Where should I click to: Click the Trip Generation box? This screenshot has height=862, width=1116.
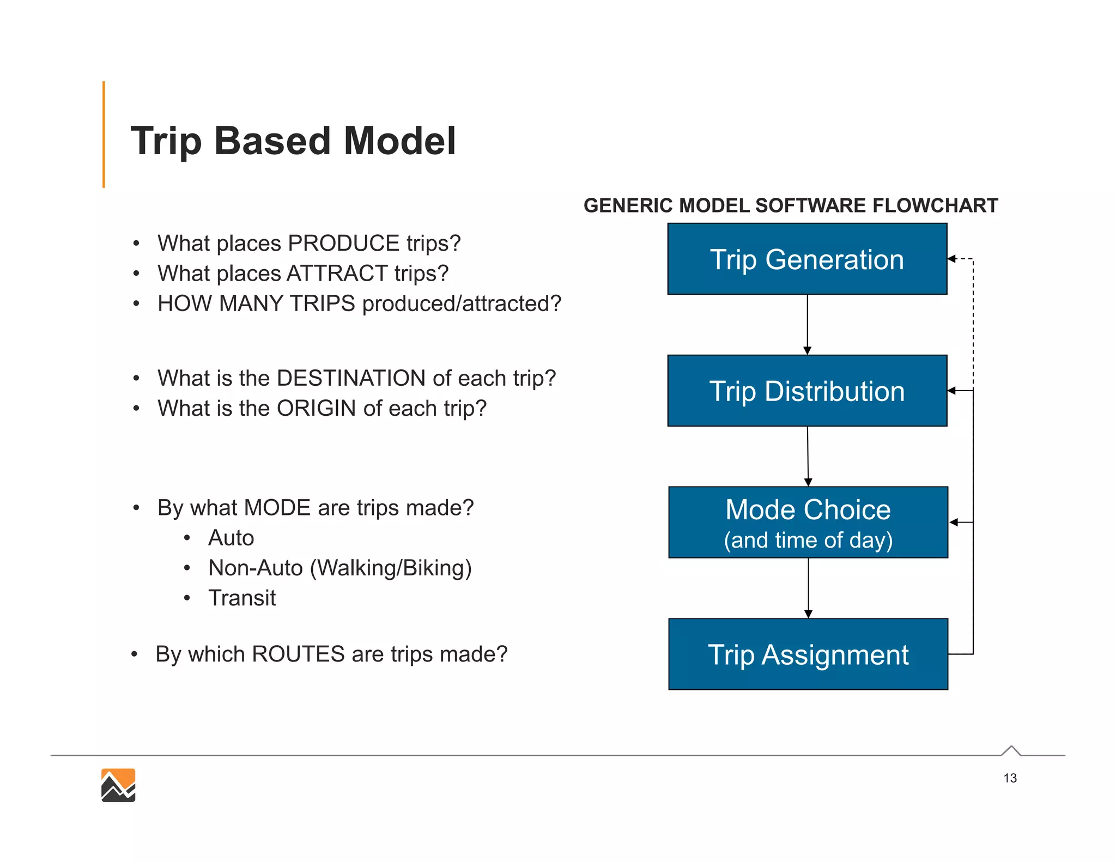pyautogui.click(x=807, y=259)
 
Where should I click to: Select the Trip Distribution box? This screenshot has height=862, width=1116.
pyautogui.click(x=807, y=391)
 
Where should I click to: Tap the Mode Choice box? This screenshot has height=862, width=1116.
pyautogui.click(x=808, y=522)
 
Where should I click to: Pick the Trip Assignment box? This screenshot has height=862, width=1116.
pyautogui.click(x=808, y=654)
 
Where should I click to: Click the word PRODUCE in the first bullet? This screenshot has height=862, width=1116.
pyautogui.click(x=343, y=243)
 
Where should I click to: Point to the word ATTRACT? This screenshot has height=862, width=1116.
pyautogui.click(x=337, y=273)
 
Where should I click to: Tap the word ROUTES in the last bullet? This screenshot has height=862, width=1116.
pyautogui.click(x=298, y=654)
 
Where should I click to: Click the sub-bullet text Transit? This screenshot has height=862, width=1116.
pyautogui.click(x=242, y=598)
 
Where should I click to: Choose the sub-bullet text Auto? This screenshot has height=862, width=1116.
pyautogui.click(x=231, y=538)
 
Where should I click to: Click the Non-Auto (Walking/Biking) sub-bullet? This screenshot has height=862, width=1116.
pyautogui.click(x=339, y=568)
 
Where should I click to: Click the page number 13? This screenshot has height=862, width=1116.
pyautogui.click(x=1010, y=778)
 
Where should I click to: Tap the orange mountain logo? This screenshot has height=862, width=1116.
pyautogui.click(x=118, y=785)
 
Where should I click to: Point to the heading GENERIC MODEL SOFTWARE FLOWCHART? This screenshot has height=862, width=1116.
pyautogui.click(x=790, y=205)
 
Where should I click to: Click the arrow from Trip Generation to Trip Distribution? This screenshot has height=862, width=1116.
pyautogui.click(x=807, y=325)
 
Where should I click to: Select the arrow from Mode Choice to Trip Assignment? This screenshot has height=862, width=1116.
pyautogui.click(x=808, y=588)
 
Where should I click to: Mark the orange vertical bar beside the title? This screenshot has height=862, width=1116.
pyautogui.click(x=104, y=135)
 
